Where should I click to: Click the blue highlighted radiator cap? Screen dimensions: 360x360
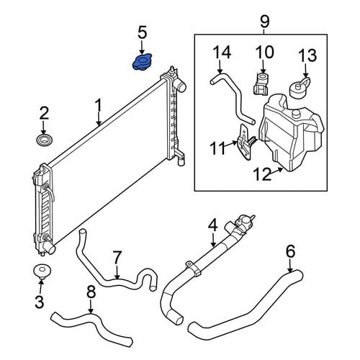[x=142, y=62]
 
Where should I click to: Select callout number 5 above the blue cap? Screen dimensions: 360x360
[x=142, y=32]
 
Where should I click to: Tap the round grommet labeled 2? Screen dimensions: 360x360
[x=45, y=140]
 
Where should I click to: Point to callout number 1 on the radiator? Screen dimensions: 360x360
[x=99, y=105]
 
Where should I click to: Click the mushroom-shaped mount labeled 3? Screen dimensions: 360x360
[x=42, y=271]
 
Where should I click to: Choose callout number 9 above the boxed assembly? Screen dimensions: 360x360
[x=264, y=22]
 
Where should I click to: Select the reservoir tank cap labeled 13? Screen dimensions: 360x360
[x=300, y=87]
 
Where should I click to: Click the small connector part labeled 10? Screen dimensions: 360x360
[x=261, y=84]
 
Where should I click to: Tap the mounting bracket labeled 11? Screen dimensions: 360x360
[x=245, y=142]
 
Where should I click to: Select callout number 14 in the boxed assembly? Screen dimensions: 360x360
[x=222, y=53]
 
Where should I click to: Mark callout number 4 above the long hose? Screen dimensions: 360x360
[x=212, y=225]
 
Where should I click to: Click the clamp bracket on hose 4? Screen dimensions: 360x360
[x=194, y=267]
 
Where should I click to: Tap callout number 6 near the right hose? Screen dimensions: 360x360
[x=290, y=251]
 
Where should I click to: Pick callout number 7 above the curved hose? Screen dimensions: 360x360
[x=117, y=258]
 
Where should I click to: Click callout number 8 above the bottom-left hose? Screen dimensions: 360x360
[x=91, y=292]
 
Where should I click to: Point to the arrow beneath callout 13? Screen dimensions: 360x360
[x=305, y=71]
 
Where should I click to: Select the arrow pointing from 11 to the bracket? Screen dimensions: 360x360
[x=232, y=144]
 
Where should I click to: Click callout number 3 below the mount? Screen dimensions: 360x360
[x=40, y=302]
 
